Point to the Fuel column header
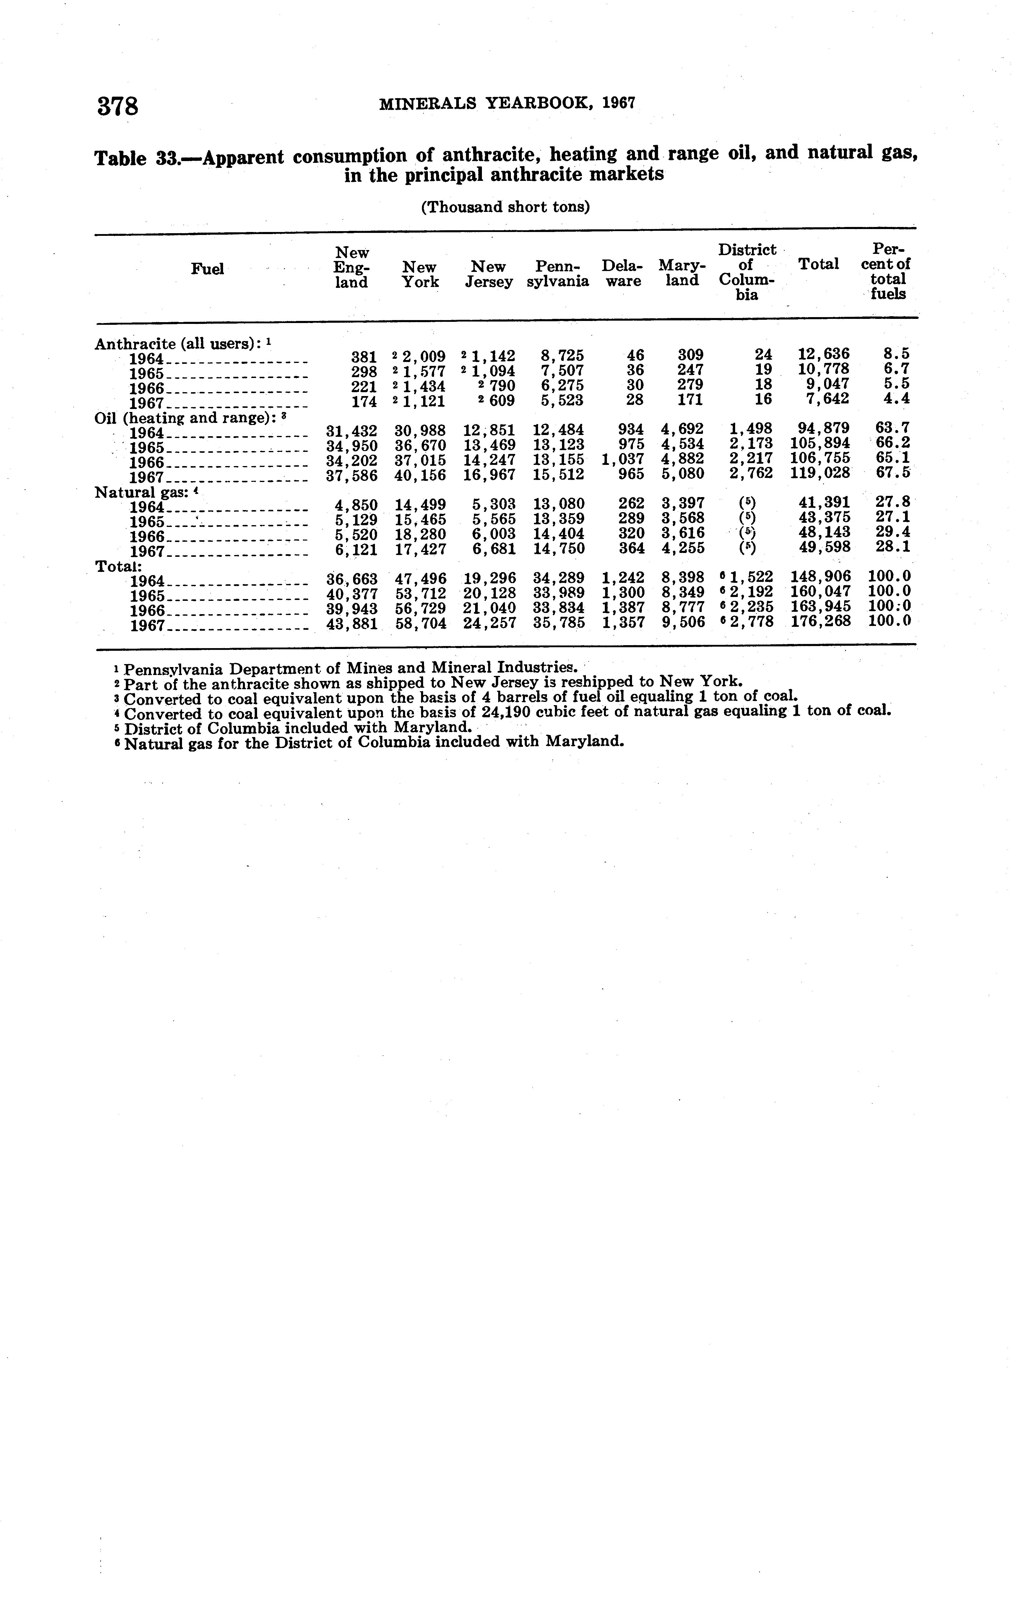pyautogui.click(x=207, y=269)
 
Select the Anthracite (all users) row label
pyautogui.click(x=179, y=344)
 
